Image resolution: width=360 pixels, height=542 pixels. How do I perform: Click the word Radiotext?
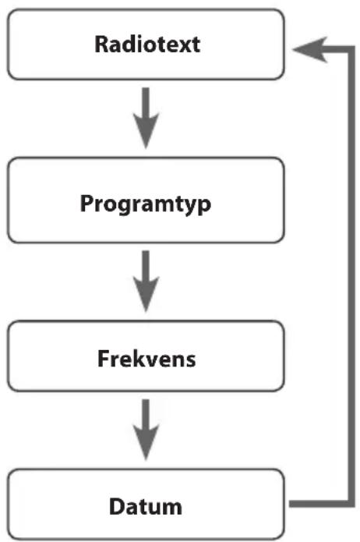[147, 44]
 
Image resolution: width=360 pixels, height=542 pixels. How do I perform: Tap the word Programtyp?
[146, 204]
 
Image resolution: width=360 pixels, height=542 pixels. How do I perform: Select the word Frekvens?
[146, 359]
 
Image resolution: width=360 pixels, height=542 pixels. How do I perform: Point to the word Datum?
[146, 507]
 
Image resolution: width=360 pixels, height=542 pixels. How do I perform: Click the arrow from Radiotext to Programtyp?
[146, 119]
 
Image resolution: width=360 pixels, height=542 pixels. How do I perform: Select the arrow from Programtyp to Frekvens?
[146, 282]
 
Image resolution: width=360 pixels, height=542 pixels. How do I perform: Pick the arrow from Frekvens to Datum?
[146, 430]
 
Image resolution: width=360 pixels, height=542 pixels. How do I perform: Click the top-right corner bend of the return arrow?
[351, 49]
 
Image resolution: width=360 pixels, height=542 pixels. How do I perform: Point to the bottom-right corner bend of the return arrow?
[351, 504]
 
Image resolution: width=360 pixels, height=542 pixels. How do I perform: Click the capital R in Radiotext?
[101, 44]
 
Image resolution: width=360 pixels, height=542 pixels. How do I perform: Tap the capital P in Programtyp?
[86, 203]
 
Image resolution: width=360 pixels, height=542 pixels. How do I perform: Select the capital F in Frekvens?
[104, 359]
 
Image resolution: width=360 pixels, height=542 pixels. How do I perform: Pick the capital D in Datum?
[116, 507]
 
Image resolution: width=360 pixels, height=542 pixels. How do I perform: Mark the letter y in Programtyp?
[189, 208]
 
